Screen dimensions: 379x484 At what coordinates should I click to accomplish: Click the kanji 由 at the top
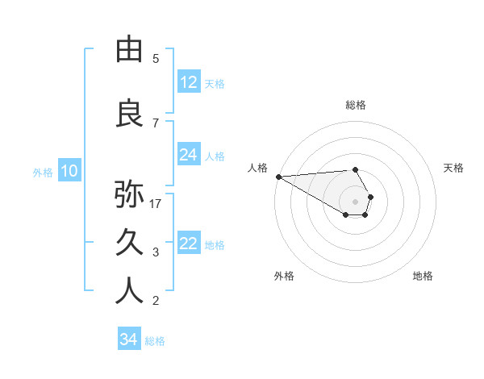point(129,49)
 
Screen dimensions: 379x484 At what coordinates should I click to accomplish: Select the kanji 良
point(129,114)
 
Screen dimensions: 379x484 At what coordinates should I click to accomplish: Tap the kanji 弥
point(129,194)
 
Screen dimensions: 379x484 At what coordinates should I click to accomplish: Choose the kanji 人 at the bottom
point(129,291)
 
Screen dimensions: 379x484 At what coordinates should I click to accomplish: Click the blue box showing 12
point(189,82)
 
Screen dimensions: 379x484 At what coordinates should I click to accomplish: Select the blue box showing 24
point(189,155)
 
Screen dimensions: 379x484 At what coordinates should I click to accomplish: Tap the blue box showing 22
point(189,244)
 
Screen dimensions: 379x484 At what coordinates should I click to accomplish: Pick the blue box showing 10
point(69,171)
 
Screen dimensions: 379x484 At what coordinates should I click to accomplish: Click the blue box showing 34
point(129,339)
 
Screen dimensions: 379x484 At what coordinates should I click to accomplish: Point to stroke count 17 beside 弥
point(156,204)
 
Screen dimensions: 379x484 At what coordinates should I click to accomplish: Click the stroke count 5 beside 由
point(156,59)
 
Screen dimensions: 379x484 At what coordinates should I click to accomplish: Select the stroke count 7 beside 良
point(156,123)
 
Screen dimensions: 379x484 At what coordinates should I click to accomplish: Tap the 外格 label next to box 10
point(42,172)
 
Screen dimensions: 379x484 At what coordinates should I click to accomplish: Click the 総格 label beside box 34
point(155,341)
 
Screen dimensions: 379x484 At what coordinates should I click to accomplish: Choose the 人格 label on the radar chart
point(257,168)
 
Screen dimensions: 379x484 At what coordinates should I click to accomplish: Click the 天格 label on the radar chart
point(453,168)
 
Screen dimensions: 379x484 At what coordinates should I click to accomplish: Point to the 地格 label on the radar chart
point(423,276)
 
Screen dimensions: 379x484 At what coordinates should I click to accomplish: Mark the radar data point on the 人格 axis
point(278,176)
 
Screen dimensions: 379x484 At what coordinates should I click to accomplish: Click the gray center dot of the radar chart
point(355,201)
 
